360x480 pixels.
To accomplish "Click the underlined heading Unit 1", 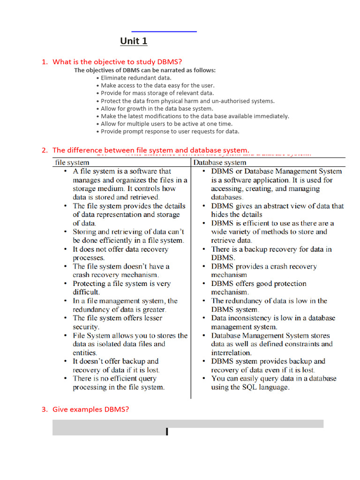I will click(x=134, y=41).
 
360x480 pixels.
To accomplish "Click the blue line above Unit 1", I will click(x=164, y=31).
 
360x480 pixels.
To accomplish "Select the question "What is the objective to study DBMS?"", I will click(x=117, y=62).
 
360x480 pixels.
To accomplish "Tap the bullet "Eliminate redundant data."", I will click(x=136, y=78).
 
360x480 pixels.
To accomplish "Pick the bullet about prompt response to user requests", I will click(x=170, y=132).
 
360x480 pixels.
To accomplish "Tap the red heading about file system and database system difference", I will click(x=150, y=150).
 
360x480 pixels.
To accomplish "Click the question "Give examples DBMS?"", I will click(x=90, y=409).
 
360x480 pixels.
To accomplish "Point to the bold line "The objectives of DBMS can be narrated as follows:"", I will click(x=145, y=70).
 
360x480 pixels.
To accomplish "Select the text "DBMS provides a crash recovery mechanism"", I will click(x=264, y=270).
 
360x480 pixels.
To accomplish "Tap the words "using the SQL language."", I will click(x=250, y=387).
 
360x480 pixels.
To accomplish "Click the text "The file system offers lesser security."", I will click(x=117, y=322).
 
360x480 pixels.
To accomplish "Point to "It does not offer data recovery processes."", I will click(x=120, y=254).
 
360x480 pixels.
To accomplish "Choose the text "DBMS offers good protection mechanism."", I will click(x=259, y=288).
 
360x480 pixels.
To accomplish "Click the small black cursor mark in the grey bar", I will click(x=167, y=432).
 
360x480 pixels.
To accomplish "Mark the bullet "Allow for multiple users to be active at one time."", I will click(x=167, y=124).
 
